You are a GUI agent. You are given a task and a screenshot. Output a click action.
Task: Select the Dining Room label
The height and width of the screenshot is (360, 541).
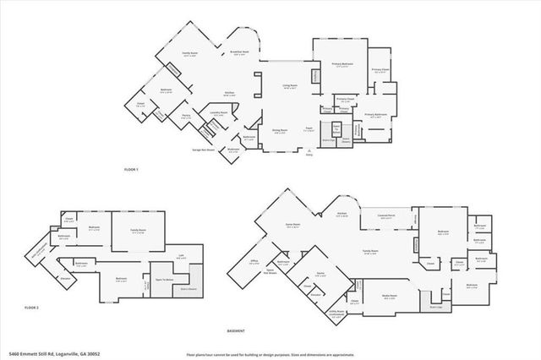[280, 130]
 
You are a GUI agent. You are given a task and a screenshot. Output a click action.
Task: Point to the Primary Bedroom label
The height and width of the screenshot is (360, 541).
[341, 64]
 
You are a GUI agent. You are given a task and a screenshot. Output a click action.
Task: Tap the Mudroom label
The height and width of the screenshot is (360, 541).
[232, 150]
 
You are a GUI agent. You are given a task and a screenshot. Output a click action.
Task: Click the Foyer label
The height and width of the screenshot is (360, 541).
[309, 129]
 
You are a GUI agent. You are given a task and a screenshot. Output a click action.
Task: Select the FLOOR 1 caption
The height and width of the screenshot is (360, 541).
[131, 171]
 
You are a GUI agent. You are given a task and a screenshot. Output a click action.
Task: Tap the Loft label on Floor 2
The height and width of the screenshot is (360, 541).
[180, 257]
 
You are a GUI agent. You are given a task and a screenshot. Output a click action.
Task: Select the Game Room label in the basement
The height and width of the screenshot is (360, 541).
[293, 225]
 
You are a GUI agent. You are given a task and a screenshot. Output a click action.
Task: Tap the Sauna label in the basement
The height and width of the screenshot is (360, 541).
[320, 274]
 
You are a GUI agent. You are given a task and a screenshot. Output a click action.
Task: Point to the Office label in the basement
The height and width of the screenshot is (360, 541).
[253, 262]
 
